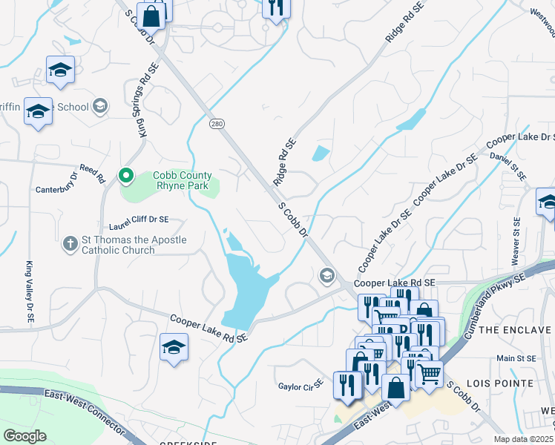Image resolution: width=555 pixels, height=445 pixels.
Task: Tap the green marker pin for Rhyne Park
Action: [125, 177]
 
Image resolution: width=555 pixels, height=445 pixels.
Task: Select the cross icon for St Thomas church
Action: [70, 244]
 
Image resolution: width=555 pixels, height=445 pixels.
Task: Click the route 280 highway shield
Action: [216, 123]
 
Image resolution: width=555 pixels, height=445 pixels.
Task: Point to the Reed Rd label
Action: [93, 171]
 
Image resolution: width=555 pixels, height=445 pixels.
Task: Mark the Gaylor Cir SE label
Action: [301, 386]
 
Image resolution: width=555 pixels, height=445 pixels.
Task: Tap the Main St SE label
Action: [516, 358]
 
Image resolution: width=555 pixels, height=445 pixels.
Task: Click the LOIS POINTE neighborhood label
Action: [500, 383]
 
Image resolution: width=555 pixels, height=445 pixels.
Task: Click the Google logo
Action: [24, 435]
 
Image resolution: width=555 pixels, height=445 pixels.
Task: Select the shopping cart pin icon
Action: [429, 373]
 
